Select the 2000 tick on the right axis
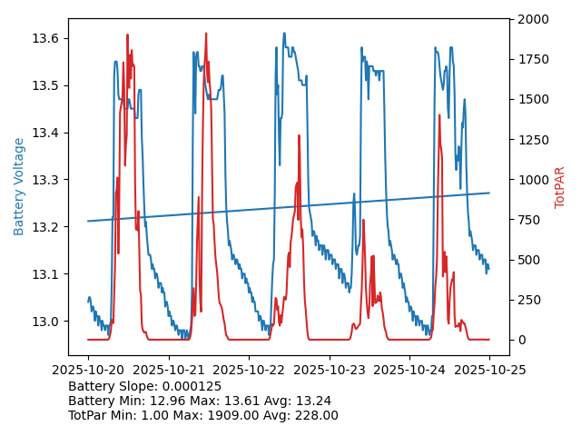[533, 19]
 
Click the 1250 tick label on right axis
[533, 139]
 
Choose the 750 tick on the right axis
[529, 219]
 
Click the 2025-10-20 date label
[88, 370]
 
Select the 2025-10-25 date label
[489, 370]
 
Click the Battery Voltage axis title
[19, 186]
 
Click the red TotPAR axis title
[560, 187]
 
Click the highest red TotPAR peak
[206, 34]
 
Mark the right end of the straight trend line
[489, 193]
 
